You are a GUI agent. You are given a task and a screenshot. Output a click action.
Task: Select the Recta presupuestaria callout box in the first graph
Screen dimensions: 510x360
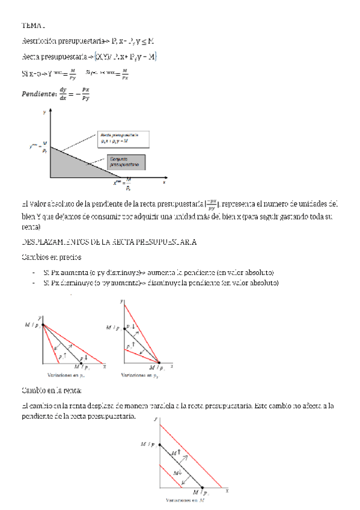tap(120, 138)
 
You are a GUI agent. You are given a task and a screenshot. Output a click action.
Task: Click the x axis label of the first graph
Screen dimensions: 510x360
tap(164, 180)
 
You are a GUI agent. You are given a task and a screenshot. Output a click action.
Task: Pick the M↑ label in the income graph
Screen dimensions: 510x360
tap(176, 452)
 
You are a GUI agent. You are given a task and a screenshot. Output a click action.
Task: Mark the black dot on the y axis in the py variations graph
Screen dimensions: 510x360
tap(124, 329)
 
